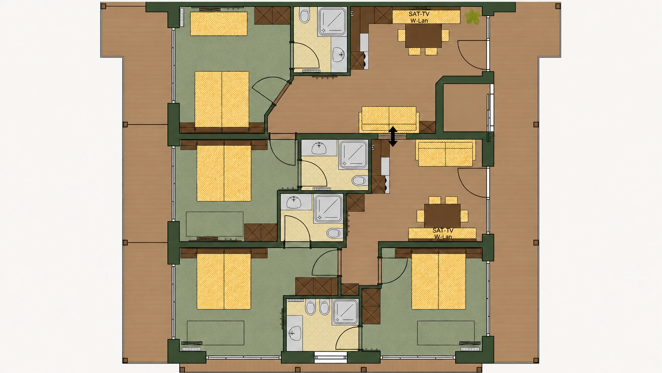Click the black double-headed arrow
[x=393, y=136]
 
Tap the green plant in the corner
[x=473, y=16]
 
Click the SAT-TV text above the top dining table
[x=419, y=14]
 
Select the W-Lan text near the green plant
[x=419, y=21]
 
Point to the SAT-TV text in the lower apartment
[x=443, y=230]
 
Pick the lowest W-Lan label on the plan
[x=443, y=237]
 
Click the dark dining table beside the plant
[x=423, y=36]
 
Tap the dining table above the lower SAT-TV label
[x=442, y=216]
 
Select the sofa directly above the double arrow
[x=389, y=119]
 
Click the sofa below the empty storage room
[x=446, y=153]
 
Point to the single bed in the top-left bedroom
[x=219, y=24]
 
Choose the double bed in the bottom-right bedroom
[x=439, y=281]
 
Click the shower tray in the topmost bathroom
[x=332, y=22]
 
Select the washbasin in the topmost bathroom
[x=339, y=55]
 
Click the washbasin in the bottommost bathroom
[x=294, y=333]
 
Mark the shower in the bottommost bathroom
[x=345, y=312]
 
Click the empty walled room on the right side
[x=465, y=108]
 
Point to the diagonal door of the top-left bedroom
[x=281, y=93]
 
